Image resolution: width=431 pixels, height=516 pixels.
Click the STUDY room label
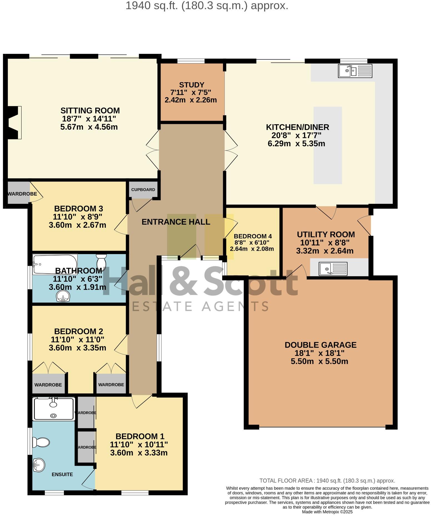191,85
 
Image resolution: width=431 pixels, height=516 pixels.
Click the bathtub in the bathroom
54,264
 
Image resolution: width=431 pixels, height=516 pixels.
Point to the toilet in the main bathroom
101,261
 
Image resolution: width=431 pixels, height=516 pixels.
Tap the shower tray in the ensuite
54,409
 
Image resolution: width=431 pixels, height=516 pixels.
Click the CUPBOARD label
143,190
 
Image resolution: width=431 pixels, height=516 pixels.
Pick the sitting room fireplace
14,122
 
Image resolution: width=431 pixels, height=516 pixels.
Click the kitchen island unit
327,145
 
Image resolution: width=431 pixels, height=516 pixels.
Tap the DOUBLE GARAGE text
320,345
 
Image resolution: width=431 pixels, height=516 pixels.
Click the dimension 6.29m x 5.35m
296,144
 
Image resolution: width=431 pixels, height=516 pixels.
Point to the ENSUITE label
62,474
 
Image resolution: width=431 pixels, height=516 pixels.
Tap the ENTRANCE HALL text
176,222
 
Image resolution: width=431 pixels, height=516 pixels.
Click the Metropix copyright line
327,512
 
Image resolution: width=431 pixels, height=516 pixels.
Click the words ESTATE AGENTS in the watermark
200,306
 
